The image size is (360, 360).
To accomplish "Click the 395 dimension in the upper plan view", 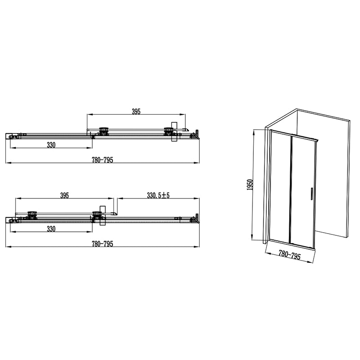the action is pos(136,112).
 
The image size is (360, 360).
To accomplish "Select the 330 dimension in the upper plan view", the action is pos(51,145).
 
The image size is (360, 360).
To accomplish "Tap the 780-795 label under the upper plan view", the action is pos(103,160).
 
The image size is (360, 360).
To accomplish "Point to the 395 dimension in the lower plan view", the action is pos(64,195).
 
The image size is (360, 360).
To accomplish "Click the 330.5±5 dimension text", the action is pos(158,195).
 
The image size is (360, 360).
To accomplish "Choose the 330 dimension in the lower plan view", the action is pos(51,229).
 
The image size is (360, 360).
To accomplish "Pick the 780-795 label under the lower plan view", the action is pos(103,244).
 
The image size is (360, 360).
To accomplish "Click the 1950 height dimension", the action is pos(250,185).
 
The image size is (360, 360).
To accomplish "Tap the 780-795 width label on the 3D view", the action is pos(289,255).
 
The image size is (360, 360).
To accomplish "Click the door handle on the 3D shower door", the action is pos(311,194).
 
